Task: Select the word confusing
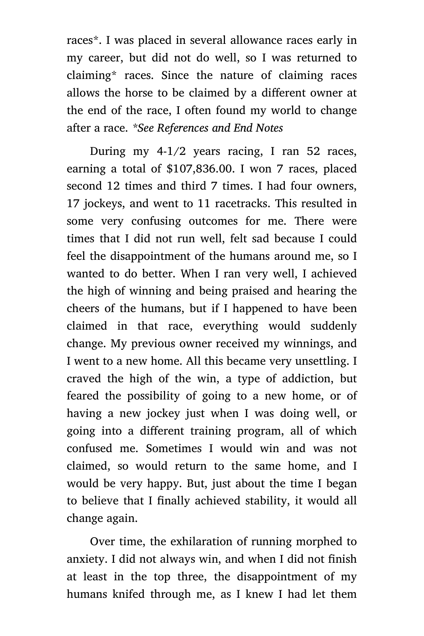point(156,221)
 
